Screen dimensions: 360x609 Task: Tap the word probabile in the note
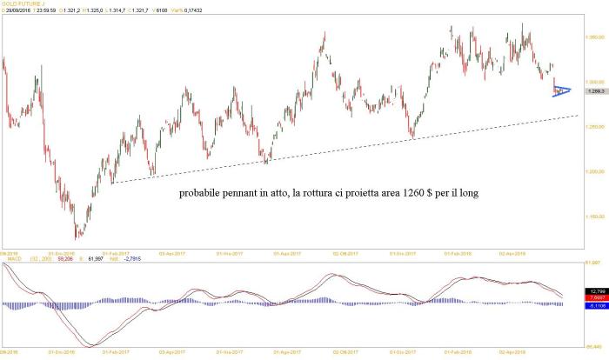coord(202,192)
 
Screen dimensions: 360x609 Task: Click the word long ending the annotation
coord(466,192)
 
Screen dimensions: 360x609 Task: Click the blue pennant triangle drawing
coord(562,90)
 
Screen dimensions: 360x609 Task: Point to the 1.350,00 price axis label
coord(595,37)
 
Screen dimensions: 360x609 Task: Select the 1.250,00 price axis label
coord(595,127)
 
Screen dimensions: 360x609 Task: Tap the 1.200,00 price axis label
coord(595,171)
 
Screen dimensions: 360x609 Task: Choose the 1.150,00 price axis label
coord(595,216)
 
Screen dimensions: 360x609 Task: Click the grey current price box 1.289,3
coord(596,90)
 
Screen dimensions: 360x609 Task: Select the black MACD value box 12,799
coord(595,290)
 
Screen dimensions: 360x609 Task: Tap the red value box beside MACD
coord(595,297)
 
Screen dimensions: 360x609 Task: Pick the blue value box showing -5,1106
coord(595,304)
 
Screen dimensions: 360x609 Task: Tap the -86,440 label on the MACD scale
coord(595,350)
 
